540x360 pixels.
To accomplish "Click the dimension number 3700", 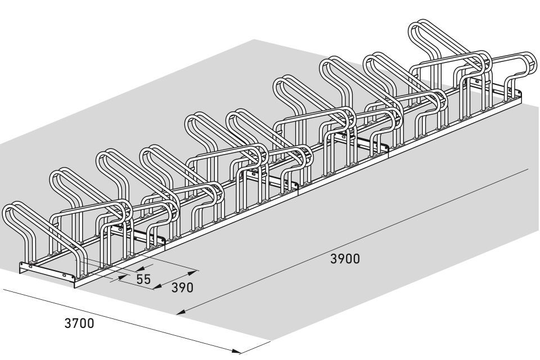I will (79, 323).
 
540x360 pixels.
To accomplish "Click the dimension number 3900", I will (345, 259).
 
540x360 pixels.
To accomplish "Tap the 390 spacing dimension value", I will (182, 287).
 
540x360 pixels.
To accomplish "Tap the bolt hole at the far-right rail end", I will (512, 91).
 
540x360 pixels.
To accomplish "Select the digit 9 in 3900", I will (341, 259).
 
